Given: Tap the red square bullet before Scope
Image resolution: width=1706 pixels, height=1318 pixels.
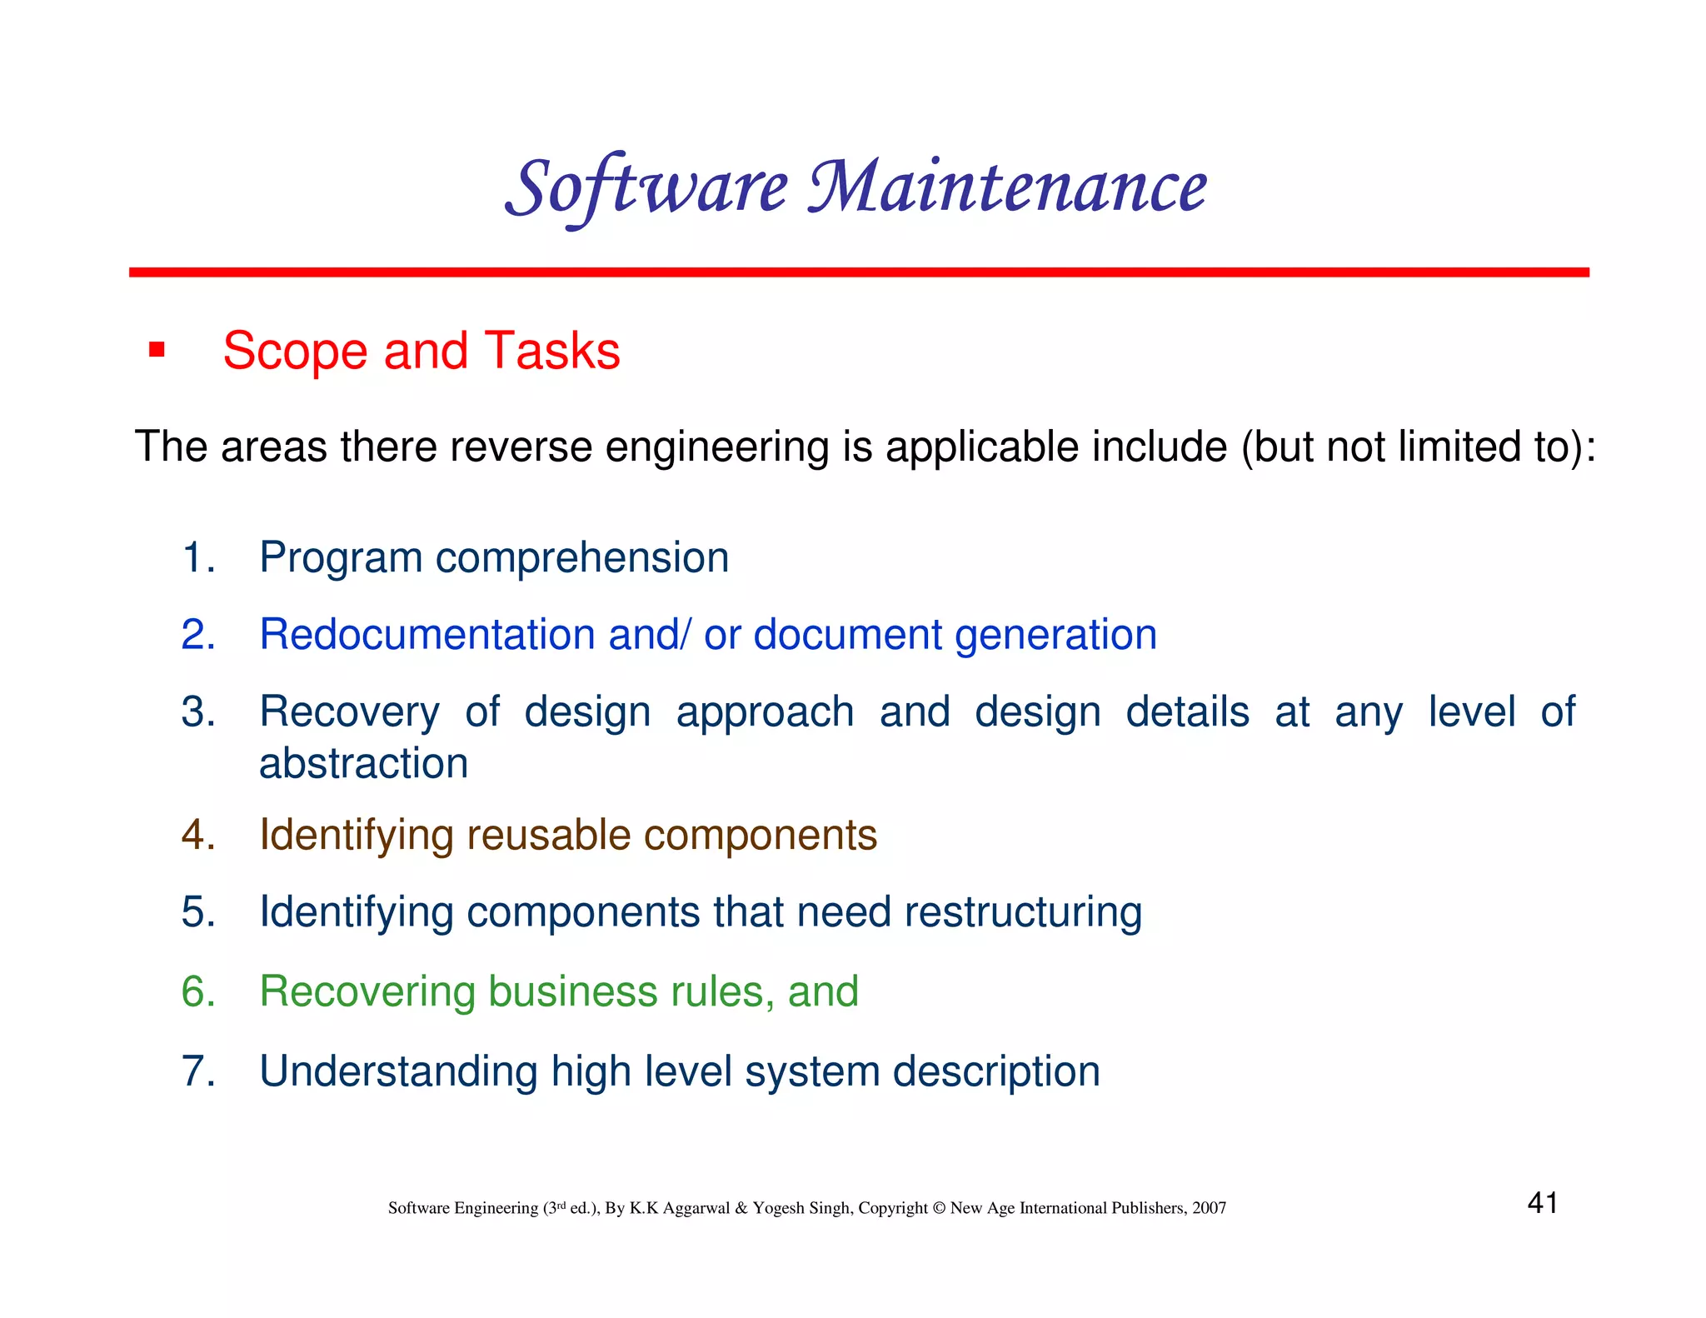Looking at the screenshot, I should coord(157,349).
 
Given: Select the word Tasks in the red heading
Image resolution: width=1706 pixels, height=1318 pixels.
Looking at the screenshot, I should coord(551,351).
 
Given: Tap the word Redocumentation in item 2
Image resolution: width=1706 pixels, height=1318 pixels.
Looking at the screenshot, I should coord(426,635).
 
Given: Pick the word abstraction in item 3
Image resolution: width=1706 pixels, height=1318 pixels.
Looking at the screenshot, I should coord(363,764).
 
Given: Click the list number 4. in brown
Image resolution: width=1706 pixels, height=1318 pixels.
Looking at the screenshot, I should coord(198,835).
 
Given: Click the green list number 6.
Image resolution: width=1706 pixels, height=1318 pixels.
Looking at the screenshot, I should coord(198,991).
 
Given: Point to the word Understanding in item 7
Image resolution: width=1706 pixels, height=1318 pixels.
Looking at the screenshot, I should coord(398,1072).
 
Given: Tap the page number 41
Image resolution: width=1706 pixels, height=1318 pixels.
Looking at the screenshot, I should coord(1542,1203).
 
